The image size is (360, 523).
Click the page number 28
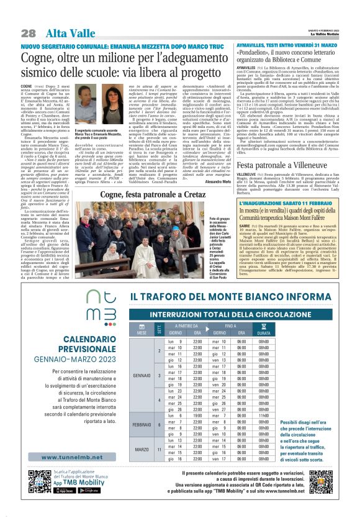click(x=28, y=33)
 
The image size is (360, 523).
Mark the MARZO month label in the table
click(x=142, y=448)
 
